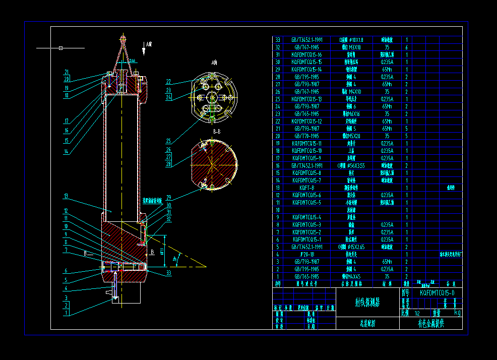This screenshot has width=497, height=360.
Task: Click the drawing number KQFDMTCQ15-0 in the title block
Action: [437, 293]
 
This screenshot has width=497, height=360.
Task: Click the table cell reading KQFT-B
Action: [306, 188]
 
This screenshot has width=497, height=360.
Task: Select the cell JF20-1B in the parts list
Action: [306, 255]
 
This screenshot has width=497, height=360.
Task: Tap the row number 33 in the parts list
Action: [277, 39]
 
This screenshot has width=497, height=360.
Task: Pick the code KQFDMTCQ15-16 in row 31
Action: [306, 54]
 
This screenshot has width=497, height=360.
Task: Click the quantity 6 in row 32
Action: [407, 47]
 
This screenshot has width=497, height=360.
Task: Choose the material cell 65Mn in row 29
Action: [387, 69]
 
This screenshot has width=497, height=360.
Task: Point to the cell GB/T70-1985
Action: [306, 136]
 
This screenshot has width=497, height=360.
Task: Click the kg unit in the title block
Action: [457, 313]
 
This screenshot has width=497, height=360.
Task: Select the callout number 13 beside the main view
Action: [66, 196]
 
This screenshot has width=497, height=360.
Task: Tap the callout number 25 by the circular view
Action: [168, 141]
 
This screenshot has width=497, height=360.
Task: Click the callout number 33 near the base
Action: [168, 273]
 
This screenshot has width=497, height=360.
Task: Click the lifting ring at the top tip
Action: [122, 37]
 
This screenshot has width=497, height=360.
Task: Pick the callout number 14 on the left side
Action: [66, 152]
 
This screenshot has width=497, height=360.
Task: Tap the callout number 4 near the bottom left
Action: [66, 288]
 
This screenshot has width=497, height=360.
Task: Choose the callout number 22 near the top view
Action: [168, 81]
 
